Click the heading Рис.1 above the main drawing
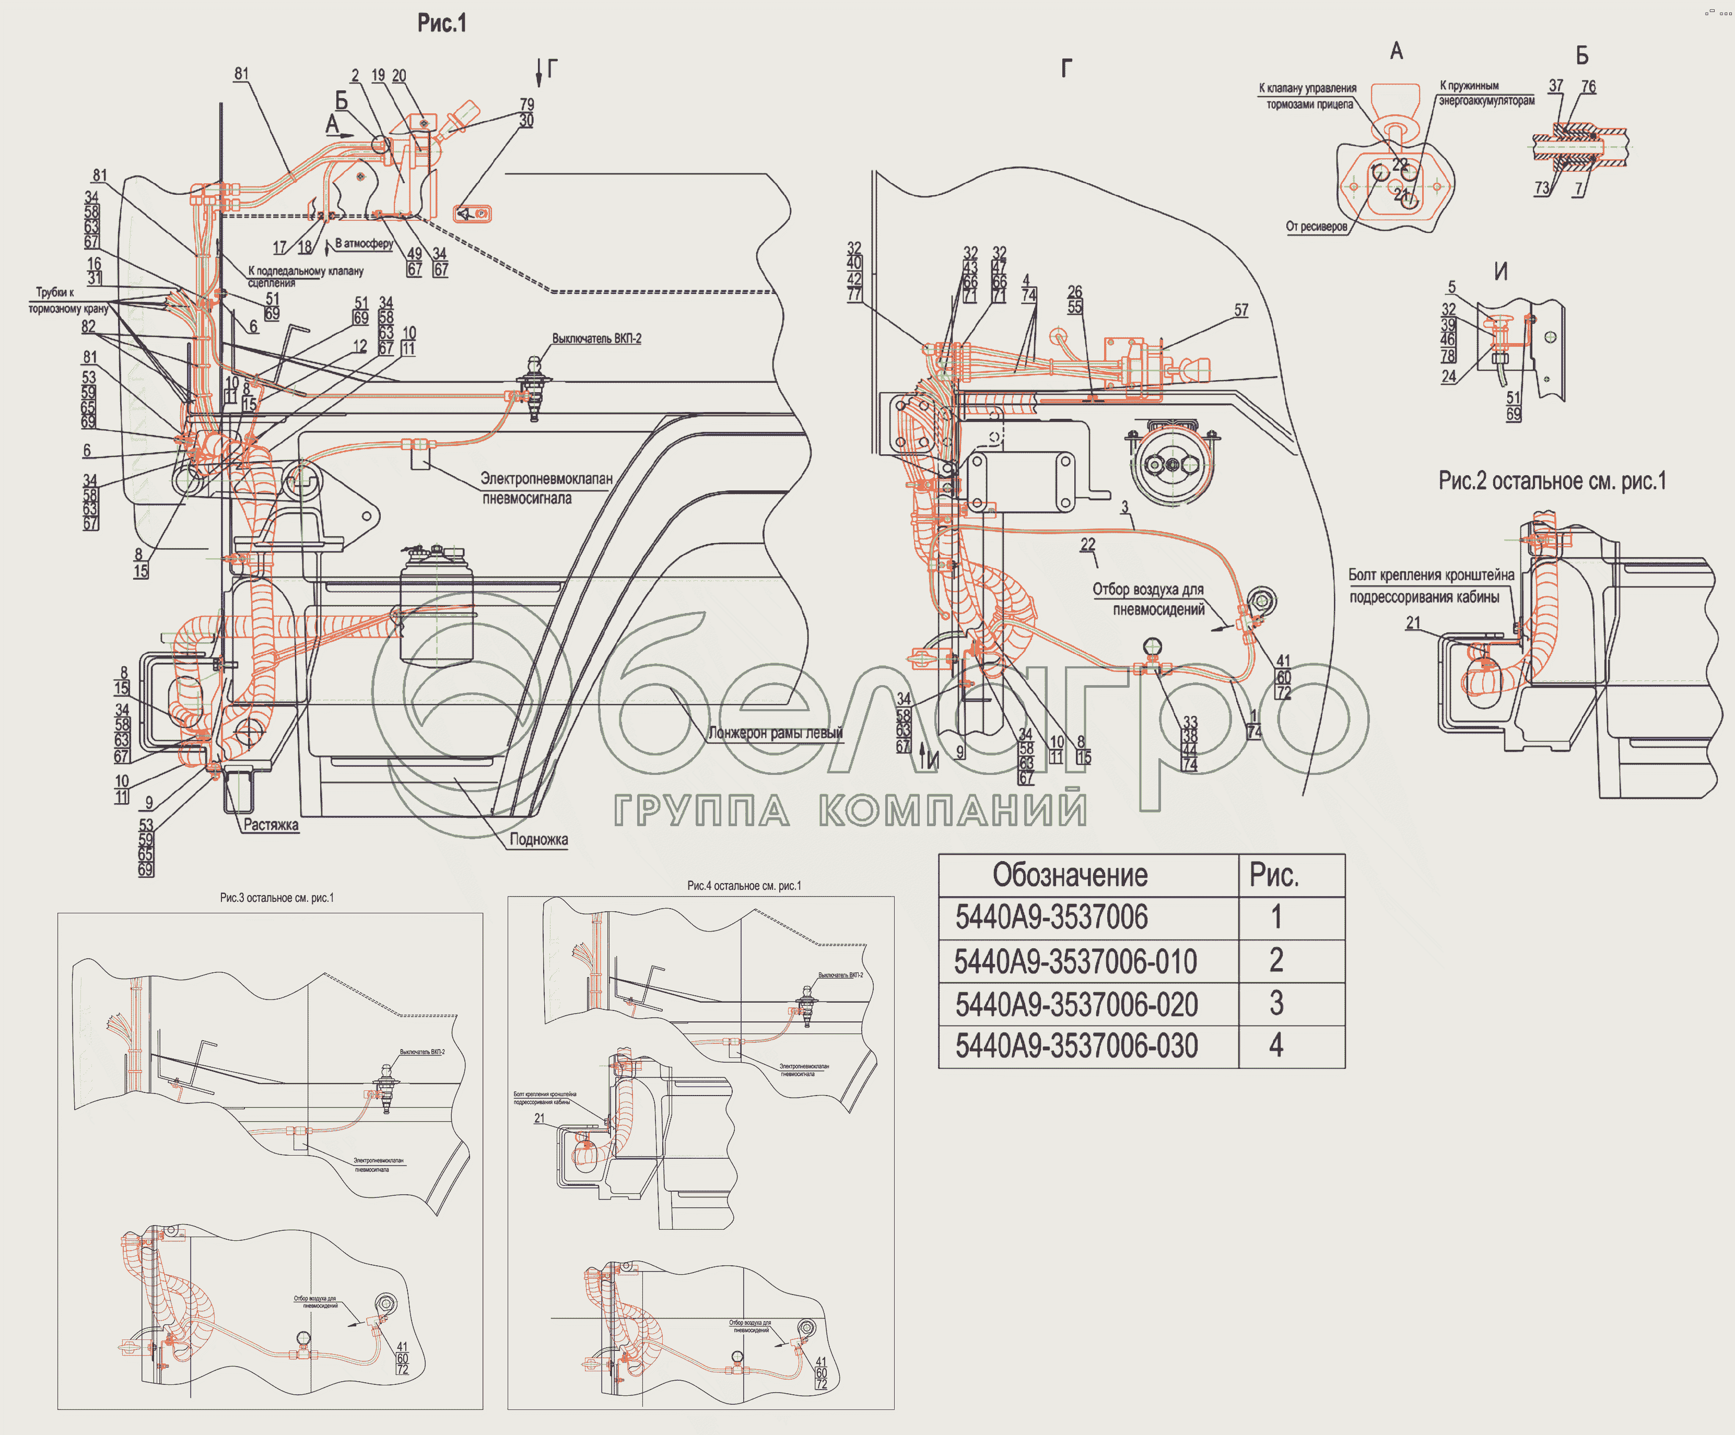[441, 23]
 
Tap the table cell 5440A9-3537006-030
[1076, 1046]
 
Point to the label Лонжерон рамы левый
[775, 733]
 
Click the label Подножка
[538, 839]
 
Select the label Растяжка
[271, 825]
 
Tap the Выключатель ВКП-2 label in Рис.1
[596, 339]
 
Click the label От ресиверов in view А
[1316, 226]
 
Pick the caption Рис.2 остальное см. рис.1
[1552, 481]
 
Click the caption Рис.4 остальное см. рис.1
[744, 886]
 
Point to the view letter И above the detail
[1500, 272]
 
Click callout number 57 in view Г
[1241, 311]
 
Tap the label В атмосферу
[365, 244]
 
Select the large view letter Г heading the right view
[1066, 68]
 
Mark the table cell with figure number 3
[1276, 1004]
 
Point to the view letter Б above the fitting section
[1581, 55]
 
